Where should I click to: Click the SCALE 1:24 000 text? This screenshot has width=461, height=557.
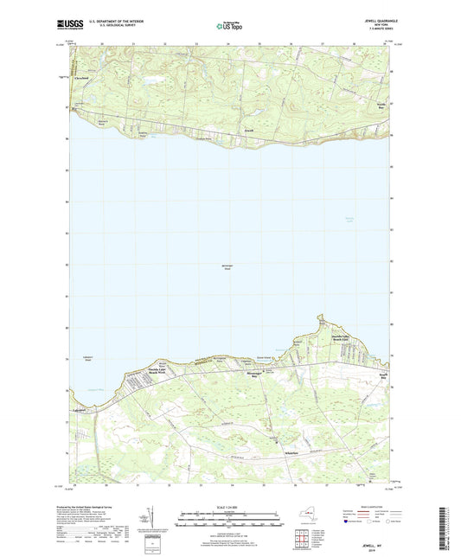(x=229, y=508)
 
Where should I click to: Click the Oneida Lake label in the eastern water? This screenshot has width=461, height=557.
(x=349, y=218)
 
